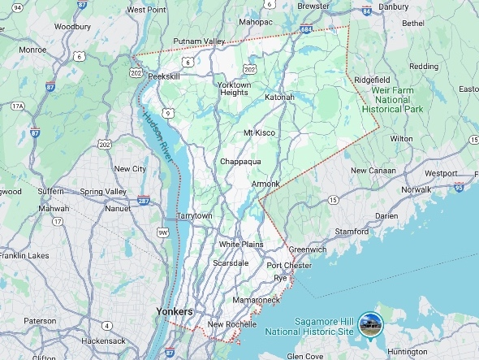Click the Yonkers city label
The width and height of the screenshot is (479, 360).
pyautogui.click(x=175, y=312)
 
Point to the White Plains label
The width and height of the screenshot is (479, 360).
pyautogui.click(x=241, y=244)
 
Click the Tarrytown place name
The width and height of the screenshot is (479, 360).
pyautogui.click(x=194, y=216)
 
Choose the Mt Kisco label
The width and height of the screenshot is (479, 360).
pyautogui.click(x=259, y=132)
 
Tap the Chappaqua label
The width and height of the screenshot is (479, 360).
pyautogui.click(x=240, y=162)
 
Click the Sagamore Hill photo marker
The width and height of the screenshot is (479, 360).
pyautogui.click(x=371, y=323)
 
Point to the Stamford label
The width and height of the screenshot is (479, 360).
pyautogui.click(x=352, y=232)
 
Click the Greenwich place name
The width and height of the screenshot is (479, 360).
pyautogui.click(x=308, y=249)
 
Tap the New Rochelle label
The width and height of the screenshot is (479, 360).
pyautogui.click(x=231, y=325)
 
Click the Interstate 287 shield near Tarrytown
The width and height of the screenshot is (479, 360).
pyautogui.click(x=144, y=200)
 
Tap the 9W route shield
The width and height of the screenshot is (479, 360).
pyautogui.click(x=162, y=232)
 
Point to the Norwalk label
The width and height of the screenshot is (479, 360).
pyautogui.click(x=416, y=189)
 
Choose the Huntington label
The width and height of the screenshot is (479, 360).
pyautogui.click(x=408, y=352)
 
